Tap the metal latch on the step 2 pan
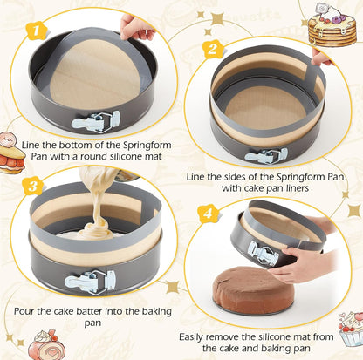(x=267, y=155)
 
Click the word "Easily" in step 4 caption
(x=198, y=336)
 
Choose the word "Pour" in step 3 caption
(x=26, y=309)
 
